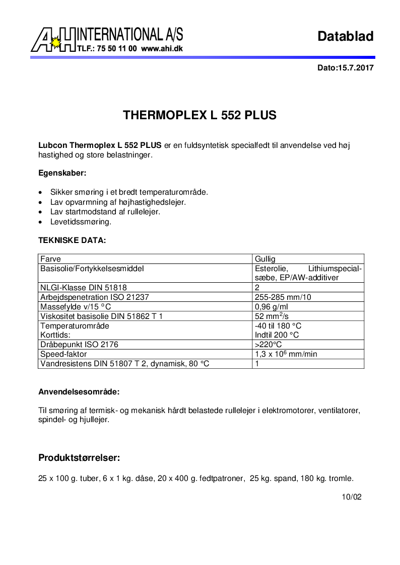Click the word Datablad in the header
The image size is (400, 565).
[346, 36]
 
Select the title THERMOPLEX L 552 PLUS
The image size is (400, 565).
[200, 115]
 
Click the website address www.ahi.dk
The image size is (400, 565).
[161, 49]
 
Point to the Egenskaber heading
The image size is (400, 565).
[62, 173]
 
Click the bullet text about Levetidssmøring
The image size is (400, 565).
[81, 221]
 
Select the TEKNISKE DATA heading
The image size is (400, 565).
[72, 240]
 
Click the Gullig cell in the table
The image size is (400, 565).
[265, 259]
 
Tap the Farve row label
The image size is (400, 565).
[50, 259]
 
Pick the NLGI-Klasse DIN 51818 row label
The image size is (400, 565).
[84, 288]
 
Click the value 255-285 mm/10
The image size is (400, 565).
[283, 297]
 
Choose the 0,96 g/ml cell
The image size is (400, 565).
[271, 307]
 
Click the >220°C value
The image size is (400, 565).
[269, 345]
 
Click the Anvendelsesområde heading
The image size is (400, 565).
[79, 391]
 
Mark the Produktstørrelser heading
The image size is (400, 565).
[79, 458]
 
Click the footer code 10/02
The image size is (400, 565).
[352, 497]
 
